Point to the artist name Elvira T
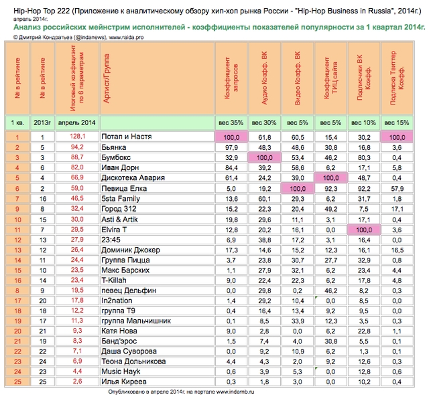pos(113,229)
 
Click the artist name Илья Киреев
pos(117,382)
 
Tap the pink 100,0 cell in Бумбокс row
pos(265,157)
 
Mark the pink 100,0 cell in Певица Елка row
pos(299,188)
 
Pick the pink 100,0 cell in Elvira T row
pos(365,229)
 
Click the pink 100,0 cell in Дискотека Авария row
pos(332,178)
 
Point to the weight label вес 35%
pos(232,123)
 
